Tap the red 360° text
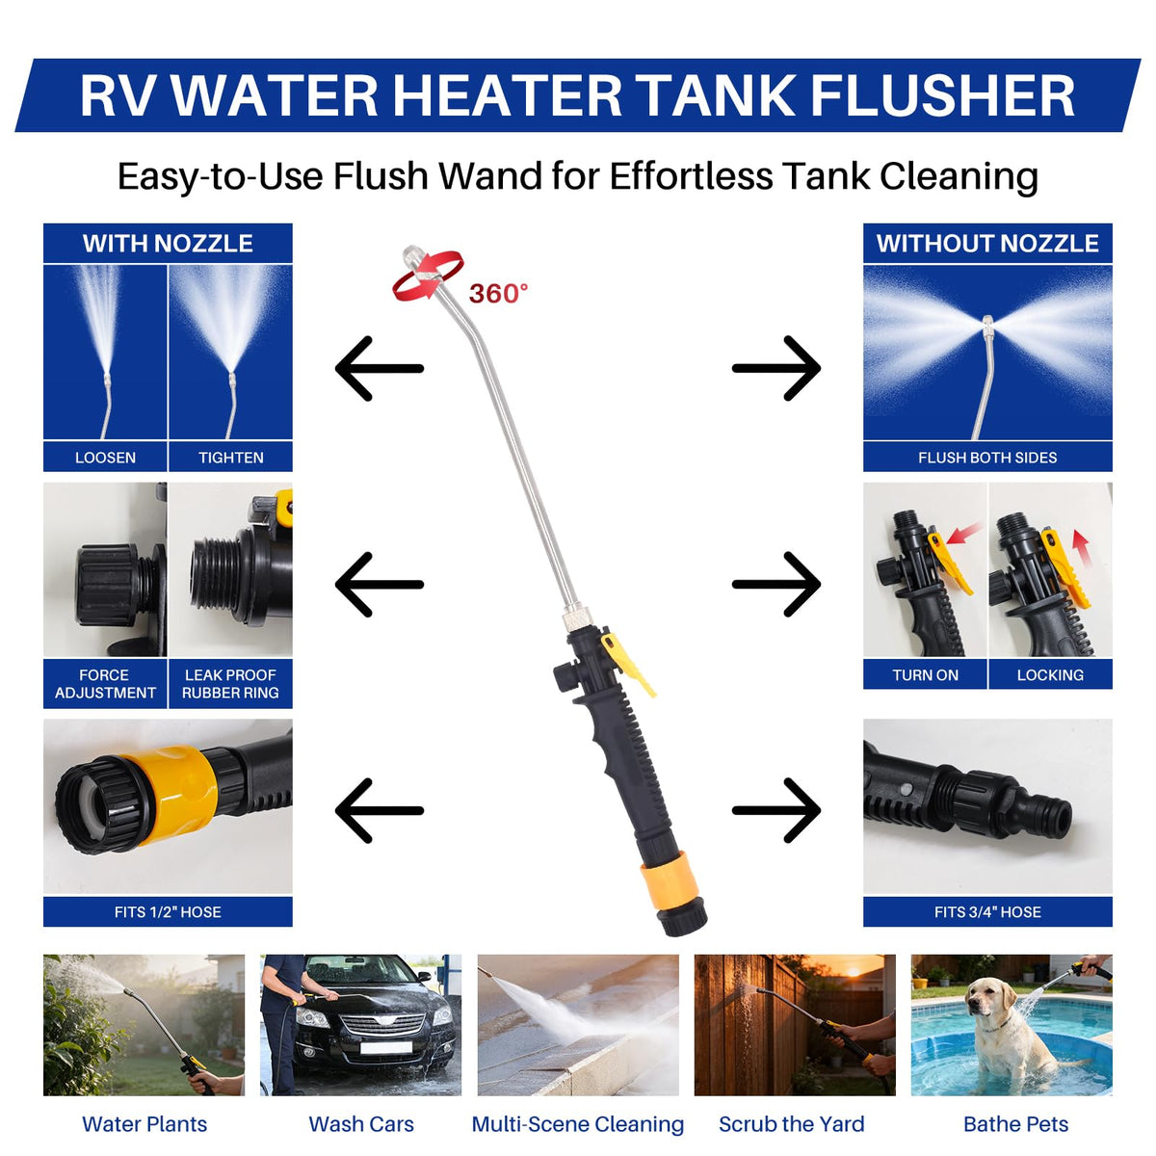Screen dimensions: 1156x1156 click(498, 294)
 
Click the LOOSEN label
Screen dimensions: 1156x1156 click(105, 458)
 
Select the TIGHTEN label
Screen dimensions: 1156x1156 click(231, 458)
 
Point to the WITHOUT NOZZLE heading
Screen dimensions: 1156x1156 click(986, 244)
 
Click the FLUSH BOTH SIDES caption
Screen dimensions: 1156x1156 click(986, 458)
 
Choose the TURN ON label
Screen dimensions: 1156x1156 click(925, 675)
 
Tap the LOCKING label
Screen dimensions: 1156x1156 click(1050, 675)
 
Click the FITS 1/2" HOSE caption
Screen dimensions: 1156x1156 click(168, 912)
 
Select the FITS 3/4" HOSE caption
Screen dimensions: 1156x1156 click(986, 912)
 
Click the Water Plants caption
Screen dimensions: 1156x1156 click(144, 1123)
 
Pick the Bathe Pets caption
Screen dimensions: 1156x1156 click(1015, 1123)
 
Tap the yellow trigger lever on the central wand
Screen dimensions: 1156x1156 click(627, 663)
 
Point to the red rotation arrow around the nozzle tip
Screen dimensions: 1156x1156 click(427, 277)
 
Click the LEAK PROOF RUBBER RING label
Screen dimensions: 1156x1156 click(230, 684)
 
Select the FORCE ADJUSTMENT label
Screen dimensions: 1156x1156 click(105, 684)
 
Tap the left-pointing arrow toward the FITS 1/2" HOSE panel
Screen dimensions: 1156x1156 click(380, 810)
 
